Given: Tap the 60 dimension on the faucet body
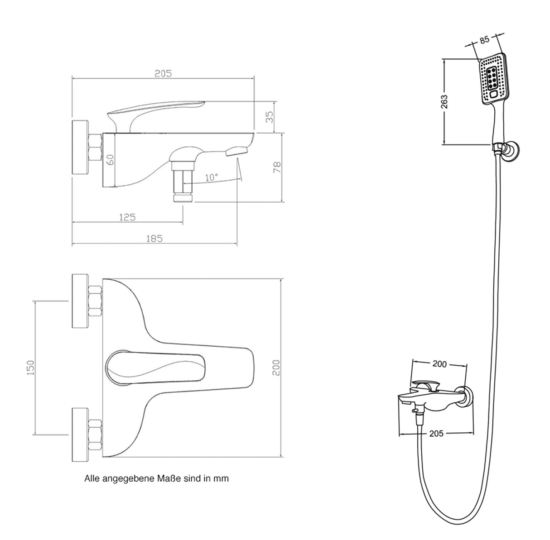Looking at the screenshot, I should click(110, 159).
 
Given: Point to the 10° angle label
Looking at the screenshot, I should click(211, 177).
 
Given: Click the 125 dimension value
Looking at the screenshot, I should click(127, 217).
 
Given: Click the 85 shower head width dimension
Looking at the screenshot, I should click(484, 40).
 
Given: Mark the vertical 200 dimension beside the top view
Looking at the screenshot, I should click(277, 367).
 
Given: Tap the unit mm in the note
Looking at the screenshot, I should click(223, 478).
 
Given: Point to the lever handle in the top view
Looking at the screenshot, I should click(154, 366).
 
